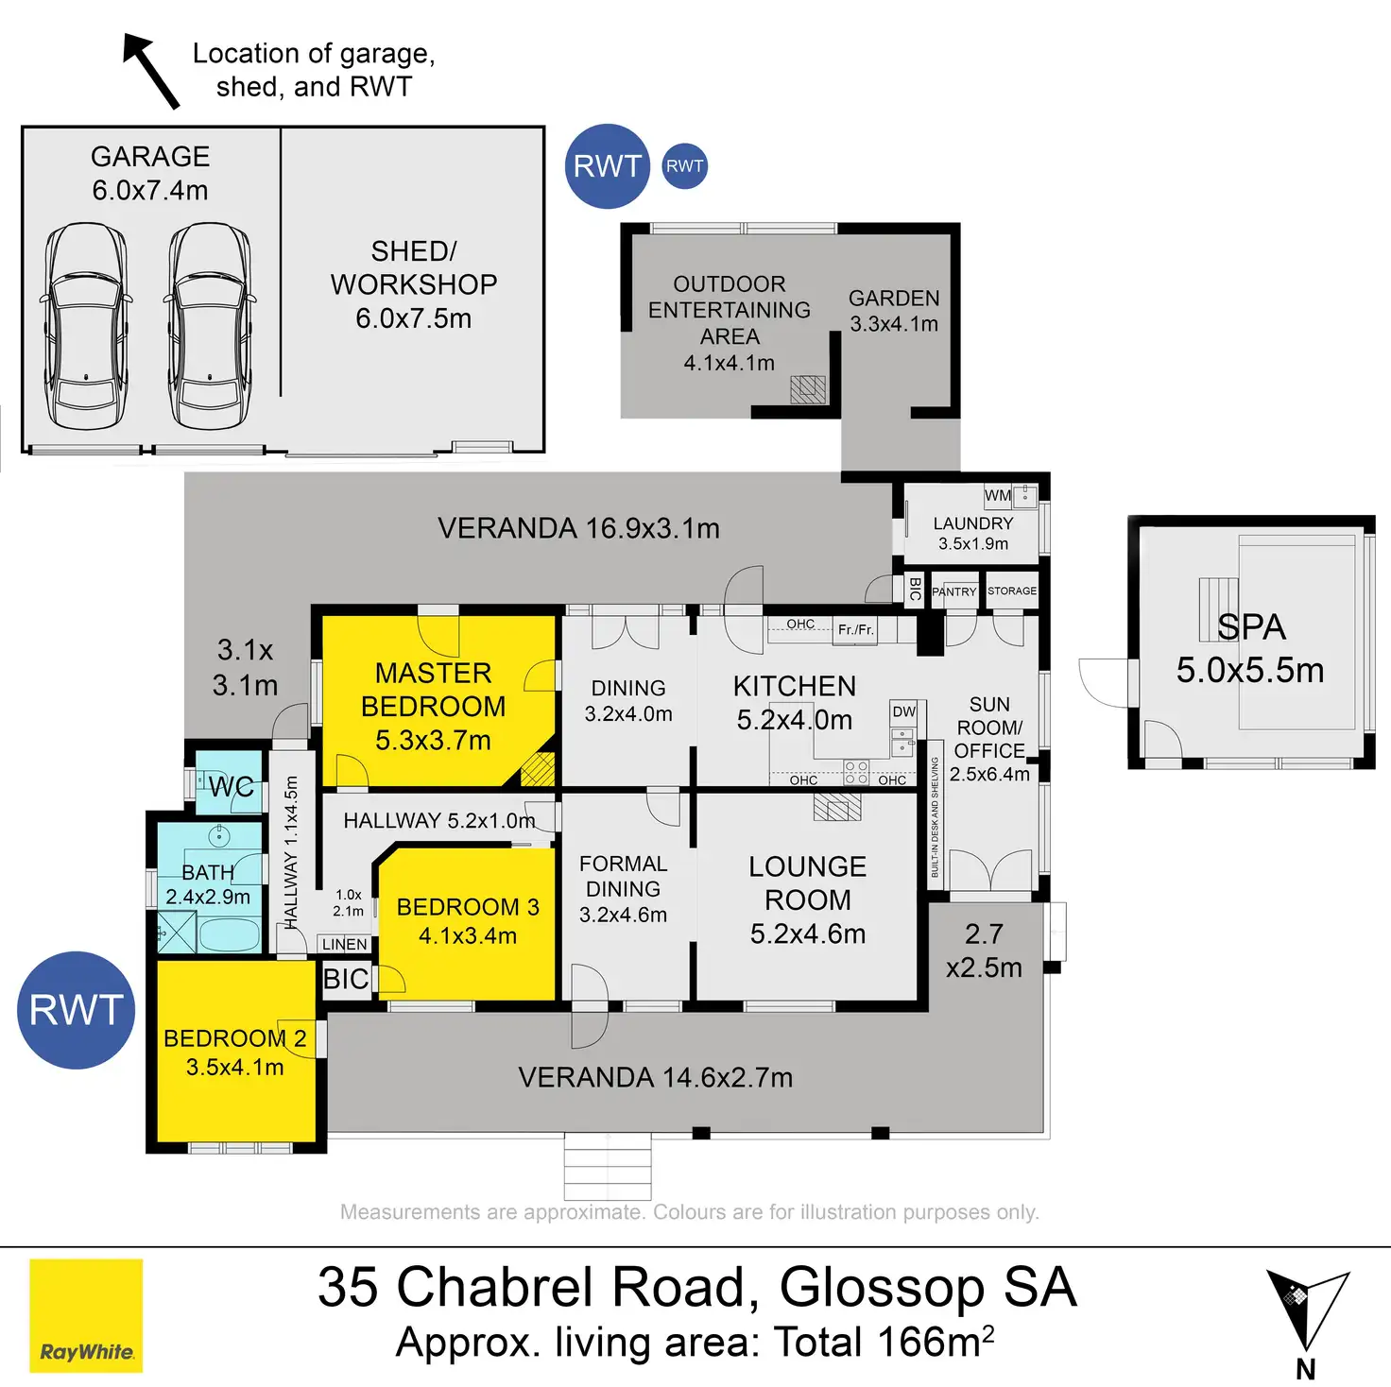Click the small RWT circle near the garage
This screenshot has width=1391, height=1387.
click(684, 166)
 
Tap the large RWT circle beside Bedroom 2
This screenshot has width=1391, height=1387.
click(76, 1010)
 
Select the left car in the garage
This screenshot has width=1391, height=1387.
click(86, 326)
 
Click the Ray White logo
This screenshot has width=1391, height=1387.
click(86, 1314)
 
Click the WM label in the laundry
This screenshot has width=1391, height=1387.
click(997, 496)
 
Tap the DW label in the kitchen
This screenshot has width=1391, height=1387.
click(904, 711)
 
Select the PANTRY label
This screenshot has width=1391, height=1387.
click(954, 591)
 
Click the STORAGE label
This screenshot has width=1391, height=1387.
click(1012, 591)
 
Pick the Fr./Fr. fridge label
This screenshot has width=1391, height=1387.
click(856, 629)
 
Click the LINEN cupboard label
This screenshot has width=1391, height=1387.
click(344, 944)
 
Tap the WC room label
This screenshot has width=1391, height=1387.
click(231, 786)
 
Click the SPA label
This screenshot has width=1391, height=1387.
click(1251, 626)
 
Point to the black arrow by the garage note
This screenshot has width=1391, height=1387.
click(151, 71)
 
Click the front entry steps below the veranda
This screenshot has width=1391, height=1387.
click(608, 1165)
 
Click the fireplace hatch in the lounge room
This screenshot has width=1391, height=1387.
click(837, 807)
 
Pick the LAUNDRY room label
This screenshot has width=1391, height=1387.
click(973, 523)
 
